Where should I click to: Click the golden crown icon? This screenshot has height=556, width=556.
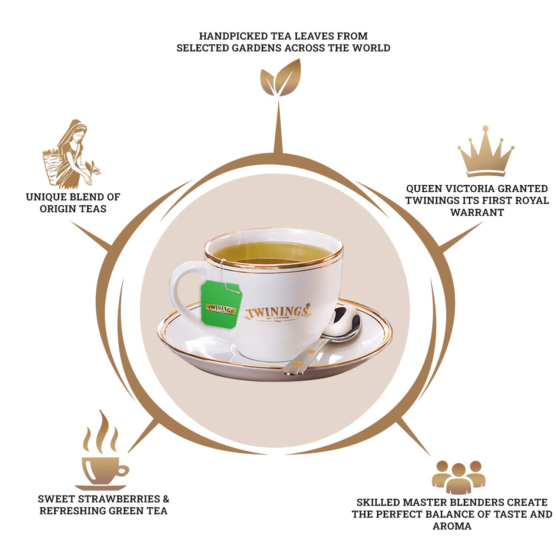coord(486,153)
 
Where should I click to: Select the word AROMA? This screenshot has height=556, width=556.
coord(452,526)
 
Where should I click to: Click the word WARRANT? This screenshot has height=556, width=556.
coord(477,212)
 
